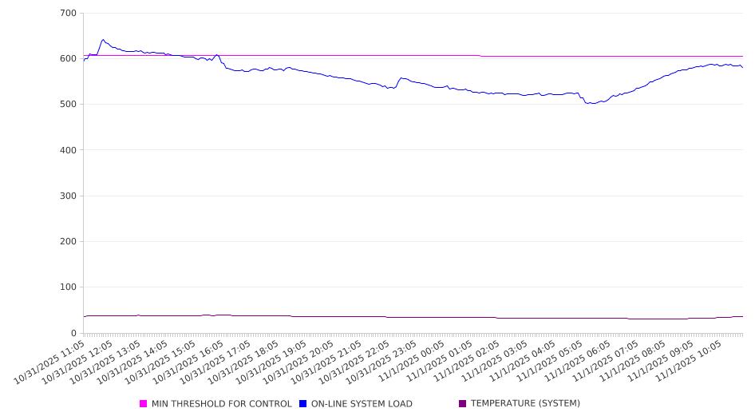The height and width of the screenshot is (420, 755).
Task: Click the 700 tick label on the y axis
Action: pos(68,13)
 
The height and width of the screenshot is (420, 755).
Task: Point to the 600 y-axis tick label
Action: pos(68,58)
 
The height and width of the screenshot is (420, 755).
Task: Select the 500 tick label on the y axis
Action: pos(68,105)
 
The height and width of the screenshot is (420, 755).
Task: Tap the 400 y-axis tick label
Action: pos(68,150)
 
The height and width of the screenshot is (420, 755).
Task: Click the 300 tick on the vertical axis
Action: pos(68,196)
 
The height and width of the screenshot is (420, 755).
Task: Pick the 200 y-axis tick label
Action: pos(68,241)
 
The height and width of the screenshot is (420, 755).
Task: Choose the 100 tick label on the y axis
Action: pos(68,287)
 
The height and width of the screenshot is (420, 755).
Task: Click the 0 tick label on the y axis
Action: pos(73,333)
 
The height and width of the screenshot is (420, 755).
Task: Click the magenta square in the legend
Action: pos(144,404)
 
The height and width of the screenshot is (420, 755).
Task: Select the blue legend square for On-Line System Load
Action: pos(303,404)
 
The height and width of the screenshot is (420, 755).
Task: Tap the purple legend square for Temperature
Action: pos(462,404)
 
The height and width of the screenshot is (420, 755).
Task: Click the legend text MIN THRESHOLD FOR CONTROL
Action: pos(221,404)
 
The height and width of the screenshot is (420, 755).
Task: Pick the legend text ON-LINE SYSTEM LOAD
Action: pos(362,404)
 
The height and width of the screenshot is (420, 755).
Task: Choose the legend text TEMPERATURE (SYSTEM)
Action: pos(525,404)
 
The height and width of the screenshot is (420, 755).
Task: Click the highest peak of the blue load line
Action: pos(103,39)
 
